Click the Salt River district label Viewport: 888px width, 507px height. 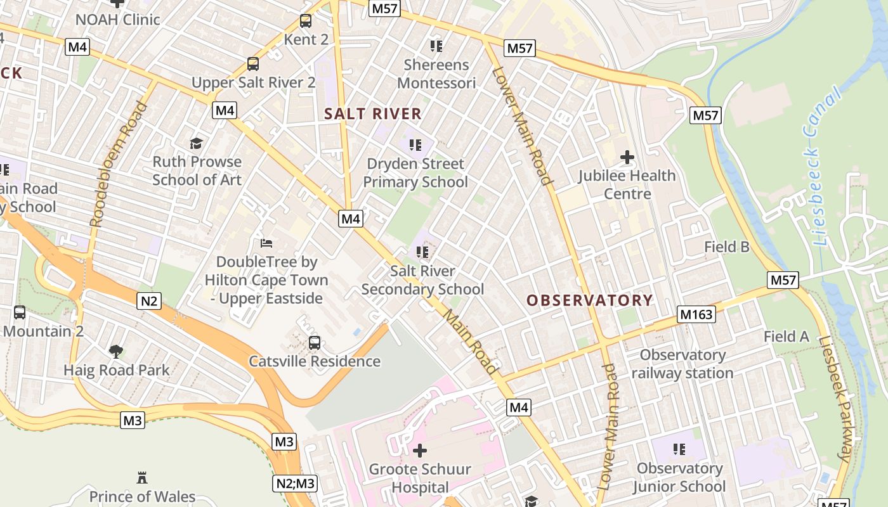(x=372, y=114)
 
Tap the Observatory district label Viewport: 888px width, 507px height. (x=589, y=300)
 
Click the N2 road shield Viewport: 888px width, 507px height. (x=148, y=300)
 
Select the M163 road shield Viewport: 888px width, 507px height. (x=696, y=314)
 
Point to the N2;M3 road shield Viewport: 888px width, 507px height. (x=296, y=484)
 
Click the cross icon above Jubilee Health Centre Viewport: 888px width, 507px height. (x=627, y=157)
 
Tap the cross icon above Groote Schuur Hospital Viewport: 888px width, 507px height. (x=420, y=451)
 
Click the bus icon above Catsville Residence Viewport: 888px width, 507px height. (x=315, y=343)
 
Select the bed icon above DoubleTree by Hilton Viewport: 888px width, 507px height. (x=266, y=243)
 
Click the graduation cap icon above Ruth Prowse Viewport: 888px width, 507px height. (x=197, y=143)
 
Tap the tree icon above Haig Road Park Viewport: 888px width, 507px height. (x=116, y=351)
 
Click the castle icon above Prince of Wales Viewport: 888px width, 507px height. (x=142, y=477)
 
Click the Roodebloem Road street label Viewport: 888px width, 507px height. (x=118, y=164)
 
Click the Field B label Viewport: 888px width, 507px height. (x=727, y=247)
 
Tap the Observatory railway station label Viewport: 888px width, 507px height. (x=682, y=364)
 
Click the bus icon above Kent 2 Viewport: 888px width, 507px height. (x=306, y=21)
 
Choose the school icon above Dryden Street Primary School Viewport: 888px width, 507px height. (x=415, y=145)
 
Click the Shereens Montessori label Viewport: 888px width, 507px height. (x=436, y=74)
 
